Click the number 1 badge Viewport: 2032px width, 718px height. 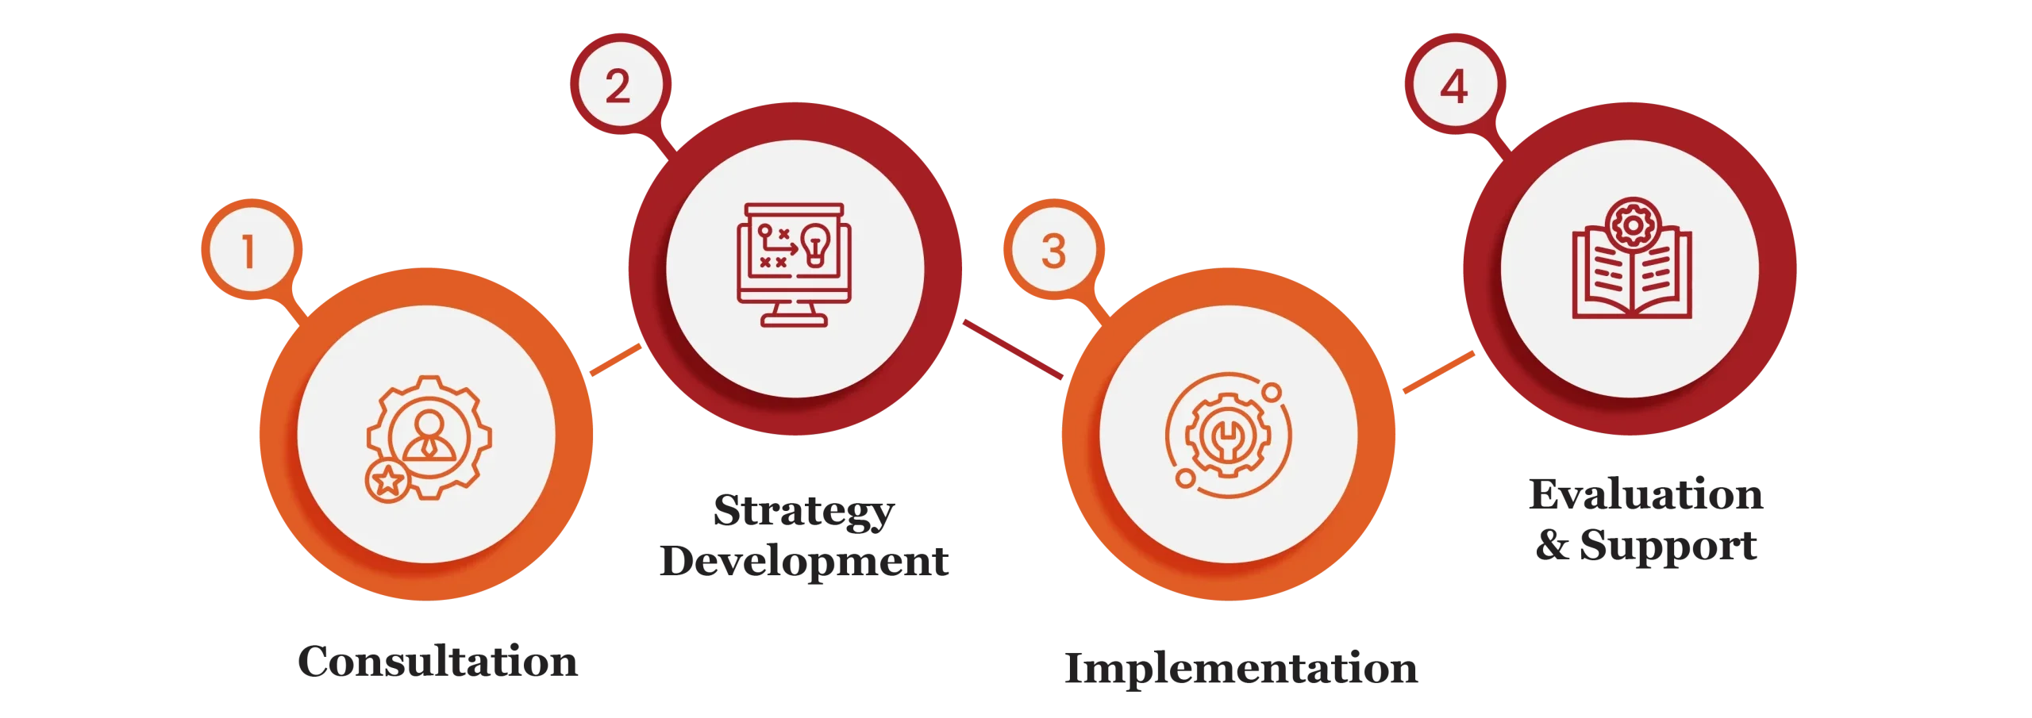click(252, 249)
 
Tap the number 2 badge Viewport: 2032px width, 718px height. click(621, 84)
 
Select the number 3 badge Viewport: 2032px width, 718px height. click(1054, 249)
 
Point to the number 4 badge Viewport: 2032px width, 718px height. click(1456, 84)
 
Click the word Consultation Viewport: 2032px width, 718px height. click(438, 661)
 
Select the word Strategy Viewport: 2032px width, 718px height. click(804, 512)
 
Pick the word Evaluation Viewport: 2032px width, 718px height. click(1646, 494)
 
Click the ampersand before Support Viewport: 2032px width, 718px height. click(1553, 545)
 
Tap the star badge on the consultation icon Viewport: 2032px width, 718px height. click(387, 480)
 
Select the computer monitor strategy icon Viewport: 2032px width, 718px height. click(794, 265)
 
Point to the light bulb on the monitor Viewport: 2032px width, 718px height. click(816, 244)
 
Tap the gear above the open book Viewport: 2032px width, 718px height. click(1633, 225)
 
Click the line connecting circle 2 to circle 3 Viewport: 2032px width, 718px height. click(1013, 349)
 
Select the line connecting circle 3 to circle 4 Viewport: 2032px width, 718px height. click(1439, 372)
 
